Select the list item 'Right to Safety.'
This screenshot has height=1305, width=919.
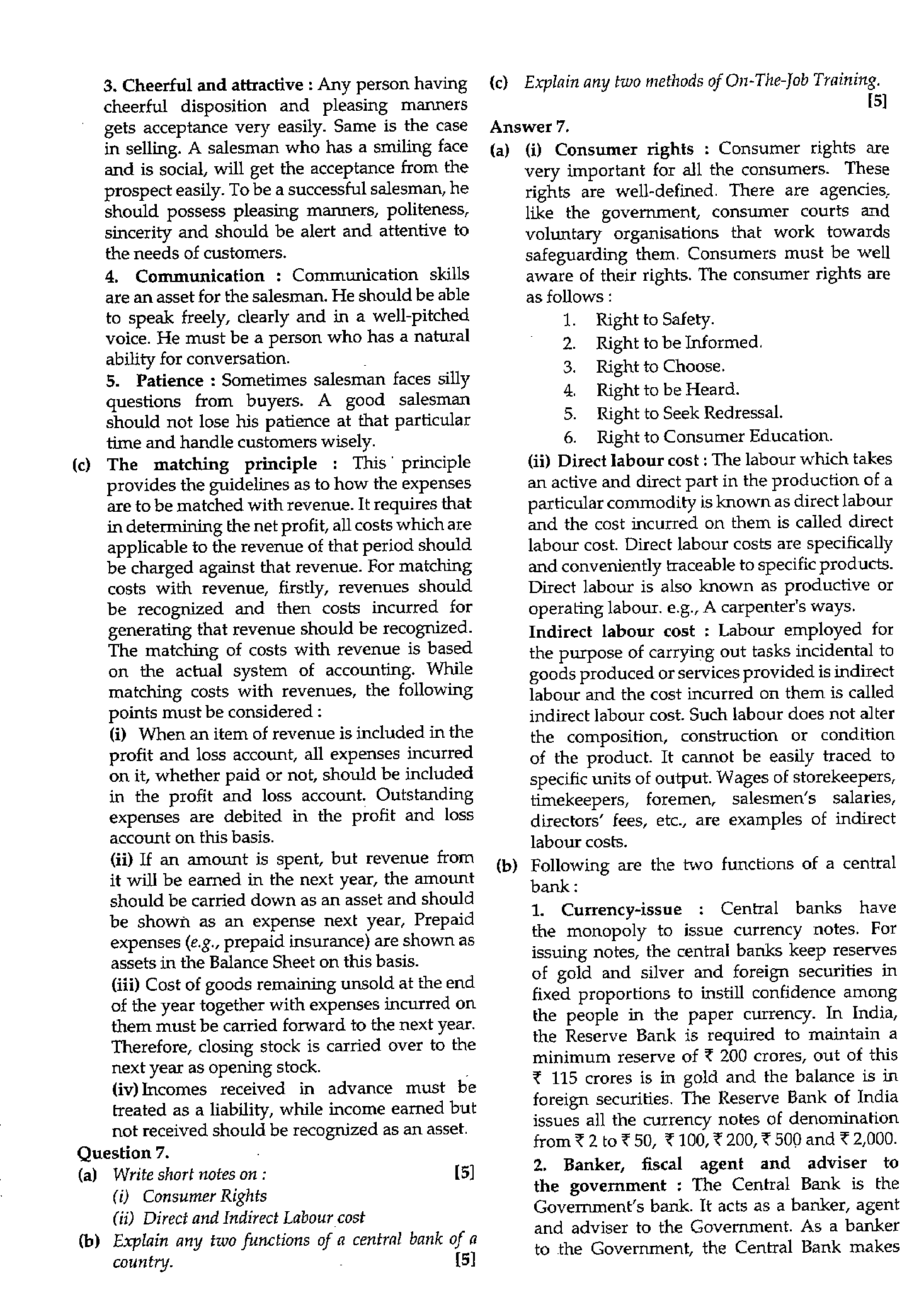coord(654,320)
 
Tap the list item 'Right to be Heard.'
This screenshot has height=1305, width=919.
coord(667,390)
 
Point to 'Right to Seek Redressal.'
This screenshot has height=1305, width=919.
coord(689,413)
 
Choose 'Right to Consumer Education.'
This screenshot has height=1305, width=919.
coord(714,436)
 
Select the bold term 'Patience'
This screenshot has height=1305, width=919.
coord(170,381)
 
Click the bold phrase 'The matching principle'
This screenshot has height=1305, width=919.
coord(212,465)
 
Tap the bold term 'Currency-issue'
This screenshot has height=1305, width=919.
coord(621,910)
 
